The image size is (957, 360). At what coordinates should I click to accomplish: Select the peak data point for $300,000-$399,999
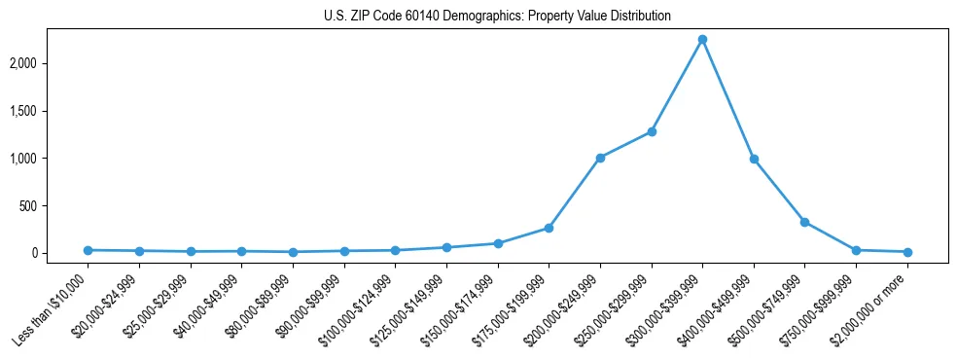click(x=702, y=40)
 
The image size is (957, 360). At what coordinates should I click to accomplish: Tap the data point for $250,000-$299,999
click(x=652, y=131)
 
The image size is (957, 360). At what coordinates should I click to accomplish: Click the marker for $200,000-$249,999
click(x=600, y=158)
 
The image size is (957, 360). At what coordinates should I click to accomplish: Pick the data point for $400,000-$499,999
click(x=754, y=159)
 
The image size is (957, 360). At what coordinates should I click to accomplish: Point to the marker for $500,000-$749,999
click(x=804, y=222)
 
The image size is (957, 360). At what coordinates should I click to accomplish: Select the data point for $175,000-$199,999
click(x=549, y=228)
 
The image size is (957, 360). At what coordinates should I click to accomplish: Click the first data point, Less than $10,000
click(x=88, y=250)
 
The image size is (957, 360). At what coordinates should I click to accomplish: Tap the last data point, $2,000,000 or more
click(x=907, y=252)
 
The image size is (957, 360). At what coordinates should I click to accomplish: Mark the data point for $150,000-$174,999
click(x=498, y=243)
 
